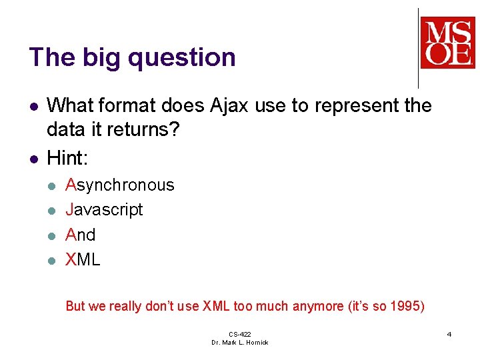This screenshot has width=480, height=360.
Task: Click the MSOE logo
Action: click(x=447, y=43)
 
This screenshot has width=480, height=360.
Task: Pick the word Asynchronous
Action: click(x=120, y=185)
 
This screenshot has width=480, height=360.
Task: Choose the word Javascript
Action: click(x=104, y=209)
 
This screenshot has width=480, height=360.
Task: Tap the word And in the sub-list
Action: click(x=81, y=235)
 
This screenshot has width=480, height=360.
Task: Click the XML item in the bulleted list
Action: click(x=83, y=259)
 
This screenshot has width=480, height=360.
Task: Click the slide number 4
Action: click(x=449, y=333)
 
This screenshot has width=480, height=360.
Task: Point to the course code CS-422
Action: click(x=239, y=334)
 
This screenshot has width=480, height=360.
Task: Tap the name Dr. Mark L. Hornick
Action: click(x=239, y=343)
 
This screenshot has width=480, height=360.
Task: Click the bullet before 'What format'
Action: click(x=32, y=106)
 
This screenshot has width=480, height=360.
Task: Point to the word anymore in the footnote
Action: click(x=317, y=306)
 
